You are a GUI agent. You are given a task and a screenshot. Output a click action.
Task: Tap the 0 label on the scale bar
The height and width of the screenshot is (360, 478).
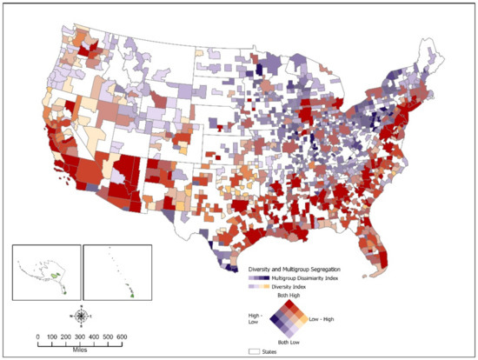point(37,336)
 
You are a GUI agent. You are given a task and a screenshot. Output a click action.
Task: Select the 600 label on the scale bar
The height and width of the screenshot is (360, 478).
point(122,336)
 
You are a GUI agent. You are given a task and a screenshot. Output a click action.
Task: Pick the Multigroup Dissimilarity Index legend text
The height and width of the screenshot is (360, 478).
point(312,277)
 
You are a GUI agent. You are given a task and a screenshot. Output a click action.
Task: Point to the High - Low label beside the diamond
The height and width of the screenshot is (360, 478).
point(254,319)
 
